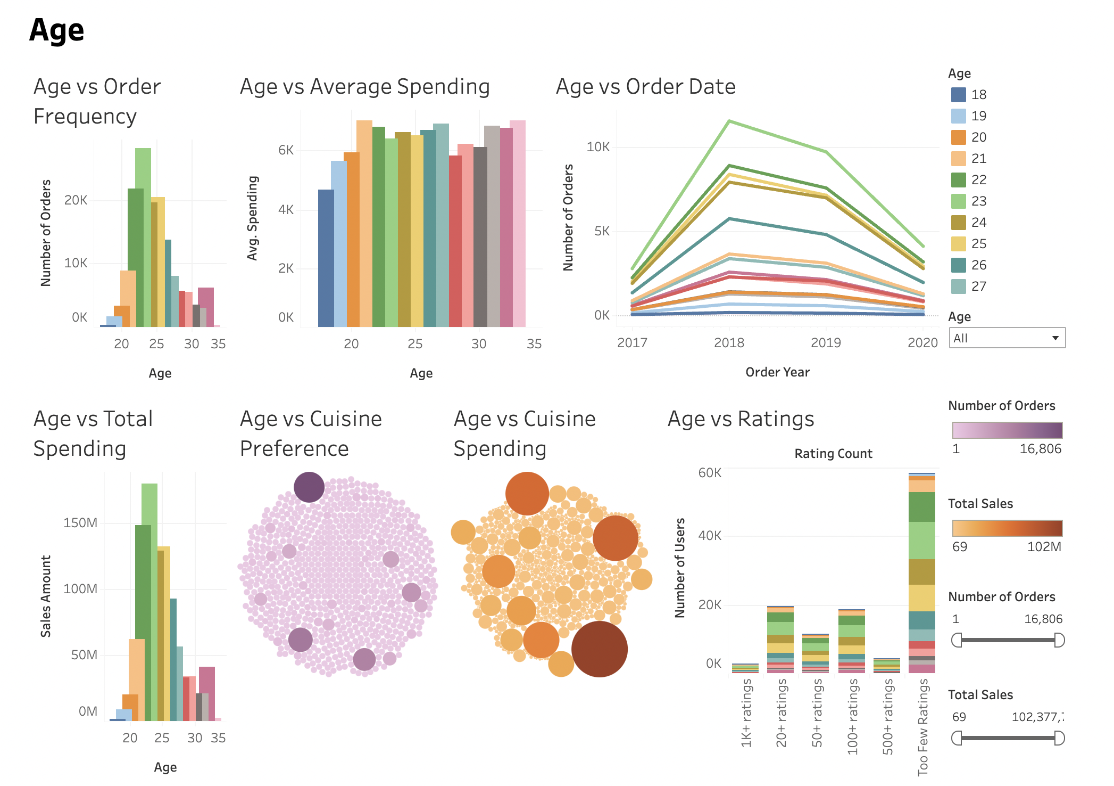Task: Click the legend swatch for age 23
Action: click(x=958, y=201)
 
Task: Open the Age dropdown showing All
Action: click(x=1007, y=338)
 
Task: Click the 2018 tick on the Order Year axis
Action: click(x=729, y=342)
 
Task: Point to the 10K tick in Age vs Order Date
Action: click(x=598, y=147)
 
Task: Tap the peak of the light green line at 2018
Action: click(x=729, y=121)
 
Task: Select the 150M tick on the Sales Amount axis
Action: click(x=80, y=523)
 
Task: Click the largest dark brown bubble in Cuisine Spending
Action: click(x=599, y=649)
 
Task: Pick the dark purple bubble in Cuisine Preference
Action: click(x=309, y=487)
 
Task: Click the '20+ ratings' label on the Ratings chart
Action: click(x=781, y=714)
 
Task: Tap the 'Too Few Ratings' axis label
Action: click(x=922, y=726)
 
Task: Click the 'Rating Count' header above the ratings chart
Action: click(x=833, y=454)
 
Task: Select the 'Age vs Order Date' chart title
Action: click(x=645, y=87)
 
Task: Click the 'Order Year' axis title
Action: click(x=777, y=372)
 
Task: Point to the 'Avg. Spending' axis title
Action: click(x=253, y=218)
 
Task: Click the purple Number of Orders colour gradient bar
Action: click(x=1007, y=430)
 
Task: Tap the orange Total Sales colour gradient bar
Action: click(x=1007, y=528)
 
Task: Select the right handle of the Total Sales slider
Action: click(x=1059, y=738)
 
